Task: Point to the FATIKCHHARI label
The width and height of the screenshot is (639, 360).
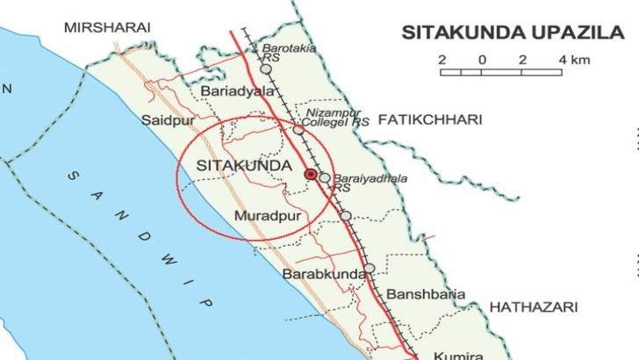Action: [430, 120]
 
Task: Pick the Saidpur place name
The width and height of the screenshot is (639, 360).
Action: [165, 120]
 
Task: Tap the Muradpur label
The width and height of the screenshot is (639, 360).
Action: [268, 215]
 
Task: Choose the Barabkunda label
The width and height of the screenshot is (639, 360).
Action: [323, 275]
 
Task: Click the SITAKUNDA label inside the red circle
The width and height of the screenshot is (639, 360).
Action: [232, 165]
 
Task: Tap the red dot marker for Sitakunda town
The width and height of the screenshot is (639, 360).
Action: [310, 175]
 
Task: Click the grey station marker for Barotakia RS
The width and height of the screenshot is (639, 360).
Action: [266, 68]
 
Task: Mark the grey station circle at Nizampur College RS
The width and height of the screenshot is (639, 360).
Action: [298, 129]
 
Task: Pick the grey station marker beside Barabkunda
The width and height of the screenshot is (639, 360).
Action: [370, 269]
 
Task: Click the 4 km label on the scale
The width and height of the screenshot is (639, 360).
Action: [575, 60]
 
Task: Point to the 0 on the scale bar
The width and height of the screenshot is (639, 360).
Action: [482, 60]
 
